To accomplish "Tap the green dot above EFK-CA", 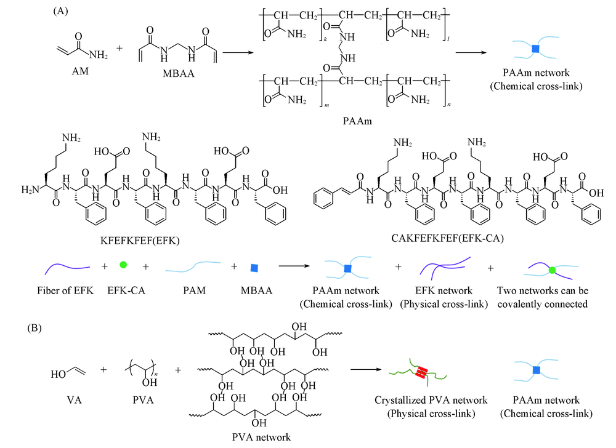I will tap(123, 266).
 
